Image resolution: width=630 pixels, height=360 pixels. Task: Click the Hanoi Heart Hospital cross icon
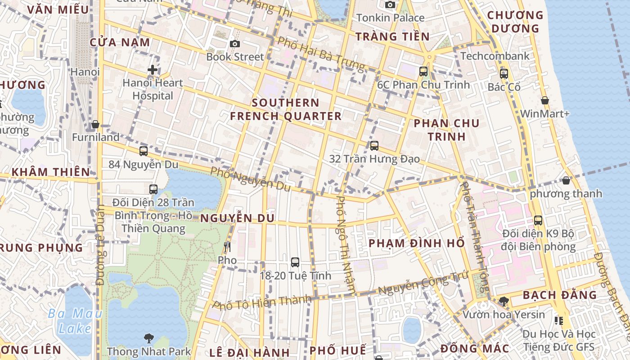click(153, 70)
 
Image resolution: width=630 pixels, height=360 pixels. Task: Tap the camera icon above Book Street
click(234, 44)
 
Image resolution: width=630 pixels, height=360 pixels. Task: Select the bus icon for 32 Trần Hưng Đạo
click(374, 145)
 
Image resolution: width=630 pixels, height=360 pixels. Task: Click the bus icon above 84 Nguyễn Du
click(144, 151)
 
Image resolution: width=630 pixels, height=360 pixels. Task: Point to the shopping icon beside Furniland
click(95, 124)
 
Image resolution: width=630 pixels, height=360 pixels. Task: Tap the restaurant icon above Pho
click(227, 247)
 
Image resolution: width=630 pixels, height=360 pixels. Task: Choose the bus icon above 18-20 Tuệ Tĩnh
click(295, 262)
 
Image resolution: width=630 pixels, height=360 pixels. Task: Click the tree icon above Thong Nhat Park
click(148, 338)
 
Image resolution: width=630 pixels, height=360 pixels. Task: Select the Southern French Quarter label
click(286, 109)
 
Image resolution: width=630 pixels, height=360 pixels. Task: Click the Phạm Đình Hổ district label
click(417, 243)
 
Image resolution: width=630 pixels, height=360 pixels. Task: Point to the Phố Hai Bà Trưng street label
click(321, 54)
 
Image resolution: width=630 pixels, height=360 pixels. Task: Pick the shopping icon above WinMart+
click(544, 100)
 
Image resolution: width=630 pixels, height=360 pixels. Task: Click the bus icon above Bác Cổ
click(504, 74)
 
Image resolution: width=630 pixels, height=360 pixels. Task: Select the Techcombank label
click(495, 56)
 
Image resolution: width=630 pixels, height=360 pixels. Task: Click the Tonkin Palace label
click(390, 18)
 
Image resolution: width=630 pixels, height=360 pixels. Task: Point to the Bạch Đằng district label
click(559, 295)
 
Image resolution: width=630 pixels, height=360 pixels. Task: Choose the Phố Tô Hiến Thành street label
click(262, 302)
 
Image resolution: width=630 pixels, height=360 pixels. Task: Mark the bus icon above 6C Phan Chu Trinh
click(423, 71)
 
